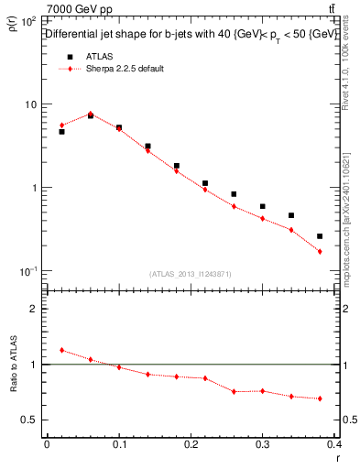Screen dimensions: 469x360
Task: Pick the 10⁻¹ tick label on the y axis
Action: click(x=29, y=272)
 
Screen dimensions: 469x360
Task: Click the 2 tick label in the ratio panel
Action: click(x=35, y=309)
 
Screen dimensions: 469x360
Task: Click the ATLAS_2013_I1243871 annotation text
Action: click(x=191, y=274)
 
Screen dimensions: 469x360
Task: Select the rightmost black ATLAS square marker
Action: click(x=320, y=236)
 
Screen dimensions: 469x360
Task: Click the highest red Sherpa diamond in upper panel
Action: click(x=90, y=114)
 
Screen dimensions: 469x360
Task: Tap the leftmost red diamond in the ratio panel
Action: click(x=61, y=350)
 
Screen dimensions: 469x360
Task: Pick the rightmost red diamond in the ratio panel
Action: click(x=320, y=398)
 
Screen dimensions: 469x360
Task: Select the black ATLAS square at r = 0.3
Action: click(x=262, y=207)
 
